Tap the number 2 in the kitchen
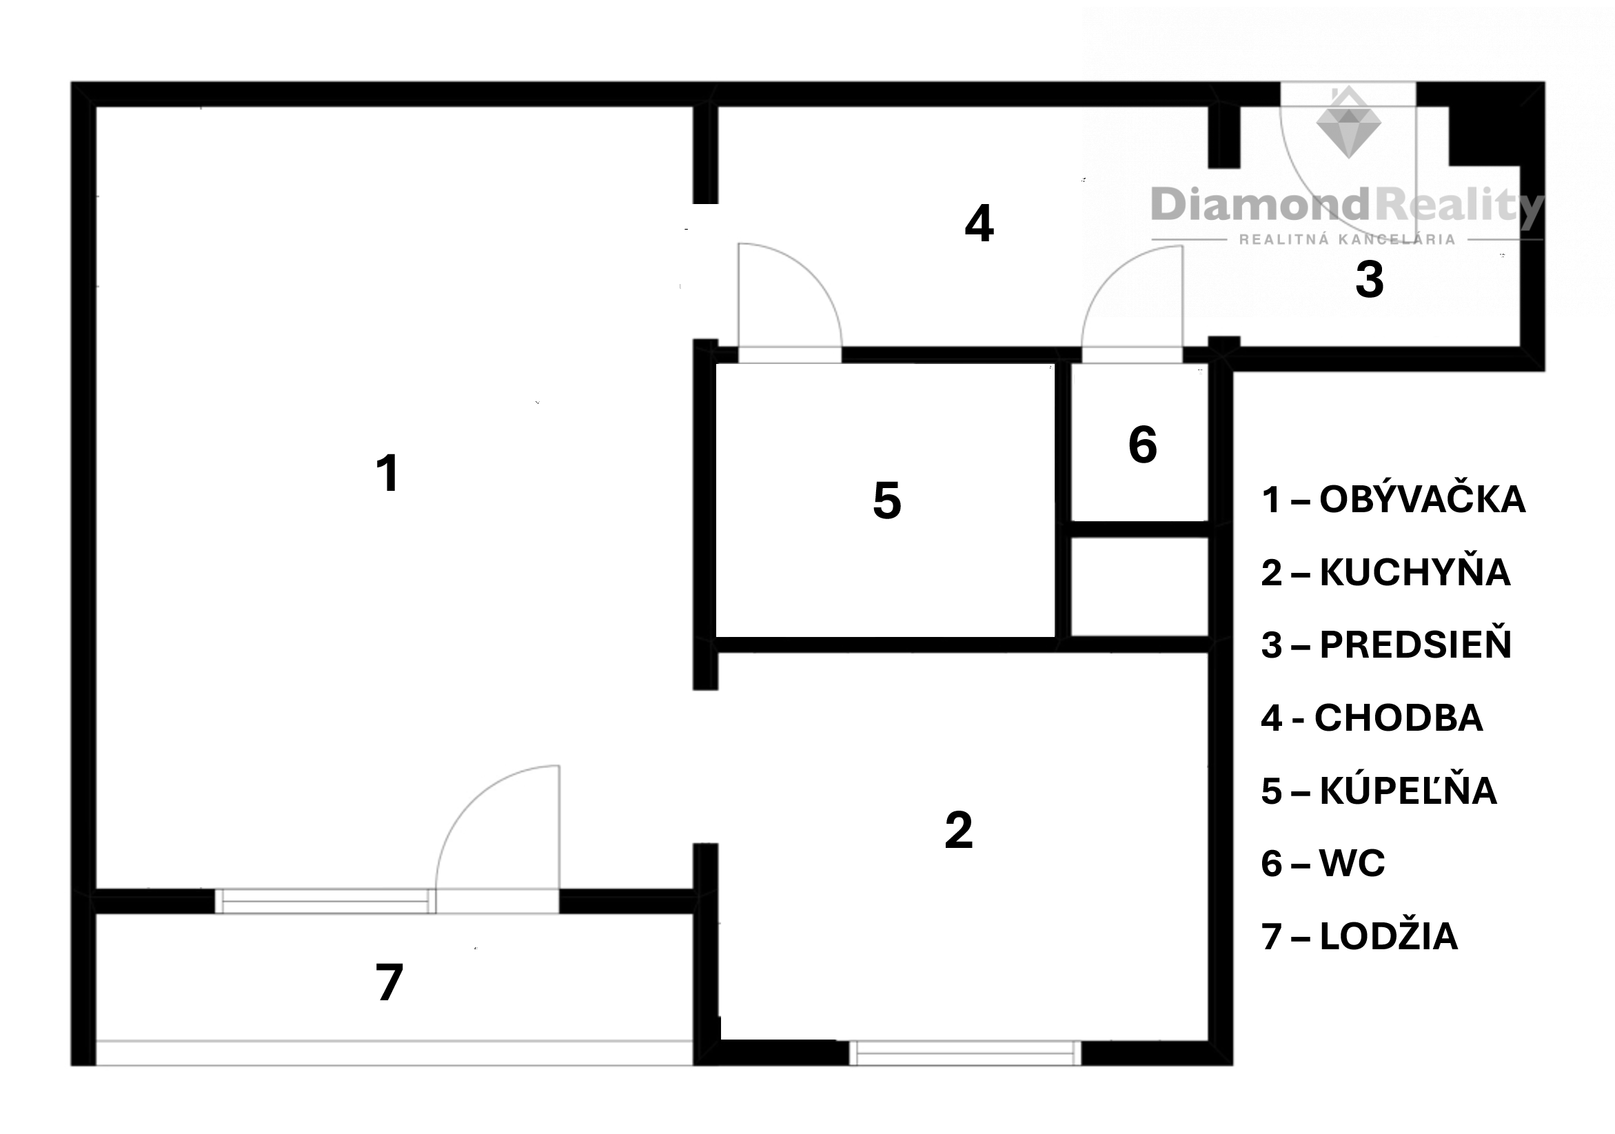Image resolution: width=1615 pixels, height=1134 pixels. point(959,830)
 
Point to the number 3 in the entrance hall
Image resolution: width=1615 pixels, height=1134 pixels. point(1370,280)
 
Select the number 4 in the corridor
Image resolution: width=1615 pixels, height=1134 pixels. point(979,224)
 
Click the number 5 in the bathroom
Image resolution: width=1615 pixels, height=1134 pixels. point(887,500)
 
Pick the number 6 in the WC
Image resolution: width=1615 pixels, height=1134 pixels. point(1143,445)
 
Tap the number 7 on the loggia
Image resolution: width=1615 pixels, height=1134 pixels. point(389,982)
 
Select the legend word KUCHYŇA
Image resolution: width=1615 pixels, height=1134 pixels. point(1414,571)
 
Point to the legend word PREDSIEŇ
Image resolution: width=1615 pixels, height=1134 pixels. point(1415,645)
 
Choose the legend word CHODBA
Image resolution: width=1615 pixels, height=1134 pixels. point(1399,718)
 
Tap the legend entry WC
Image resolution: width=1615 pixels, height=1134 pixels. point(1352,863)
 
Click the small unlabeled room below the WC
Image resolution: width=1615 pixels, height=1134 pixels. point(1139,587)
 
